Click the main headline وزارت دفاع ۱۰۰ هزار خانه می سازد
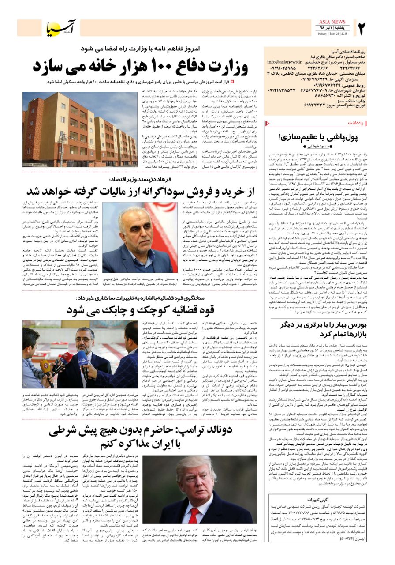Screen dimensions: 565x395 coord(140,67)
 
